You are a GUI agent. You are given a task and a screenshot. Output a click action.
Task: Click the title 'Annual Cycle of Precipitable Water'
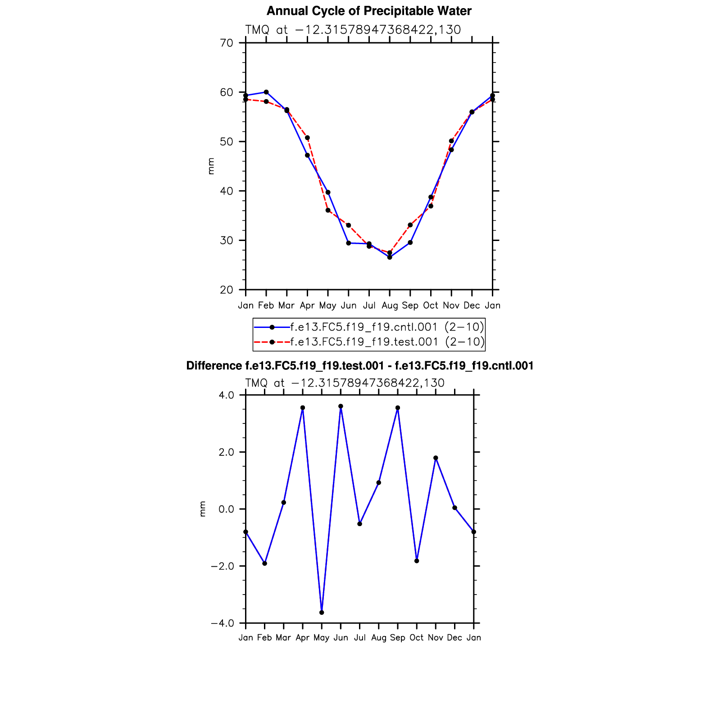coord(368,11)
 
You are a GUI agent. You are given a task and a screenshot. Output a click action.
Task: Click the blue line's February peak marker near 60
coord(266,92)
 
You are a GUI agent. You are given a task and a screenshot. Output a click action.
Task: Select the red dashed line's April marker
coord(307,138)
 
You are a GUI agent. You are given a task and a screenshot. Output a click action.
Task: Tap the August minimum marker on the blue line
coord(390,257)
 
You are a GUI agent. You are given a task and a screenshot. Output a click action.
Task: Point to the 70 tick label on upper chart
coord(227,43)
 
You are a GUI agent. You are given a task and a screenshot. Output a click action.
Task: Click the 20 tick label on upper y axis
coord(227,290)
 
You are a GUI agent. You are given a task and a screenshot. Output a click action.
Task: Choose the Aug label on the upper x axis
coord(390,306)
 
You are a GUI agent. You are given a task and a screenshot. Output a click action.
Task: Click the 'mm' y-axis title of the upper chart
coord(211,166)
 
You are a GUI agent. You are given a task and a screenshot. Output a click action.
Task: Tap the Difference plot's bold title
coord(359,366)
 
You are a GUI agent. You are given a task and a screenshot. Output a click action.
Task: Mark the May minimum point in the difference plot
coord(322,613)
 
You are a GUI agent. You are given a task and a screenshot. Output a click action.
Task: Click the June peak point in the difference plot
coord(341,406)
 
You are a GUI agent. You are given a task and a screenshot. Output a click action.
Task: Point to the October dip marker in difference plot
coord(417,561)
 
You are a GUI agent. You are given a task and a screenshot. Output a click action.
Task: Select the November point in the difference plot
coord(436,458)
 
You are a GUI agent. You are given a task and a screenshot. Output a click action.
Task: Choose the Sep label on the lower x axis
coord(398,638)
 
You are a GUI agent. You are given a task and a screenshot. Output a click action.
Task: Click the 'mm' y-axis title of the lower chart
coord(203,509)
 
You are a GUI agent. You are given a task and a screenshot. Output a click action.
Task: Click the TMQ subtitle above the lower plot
coord(345,383)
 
